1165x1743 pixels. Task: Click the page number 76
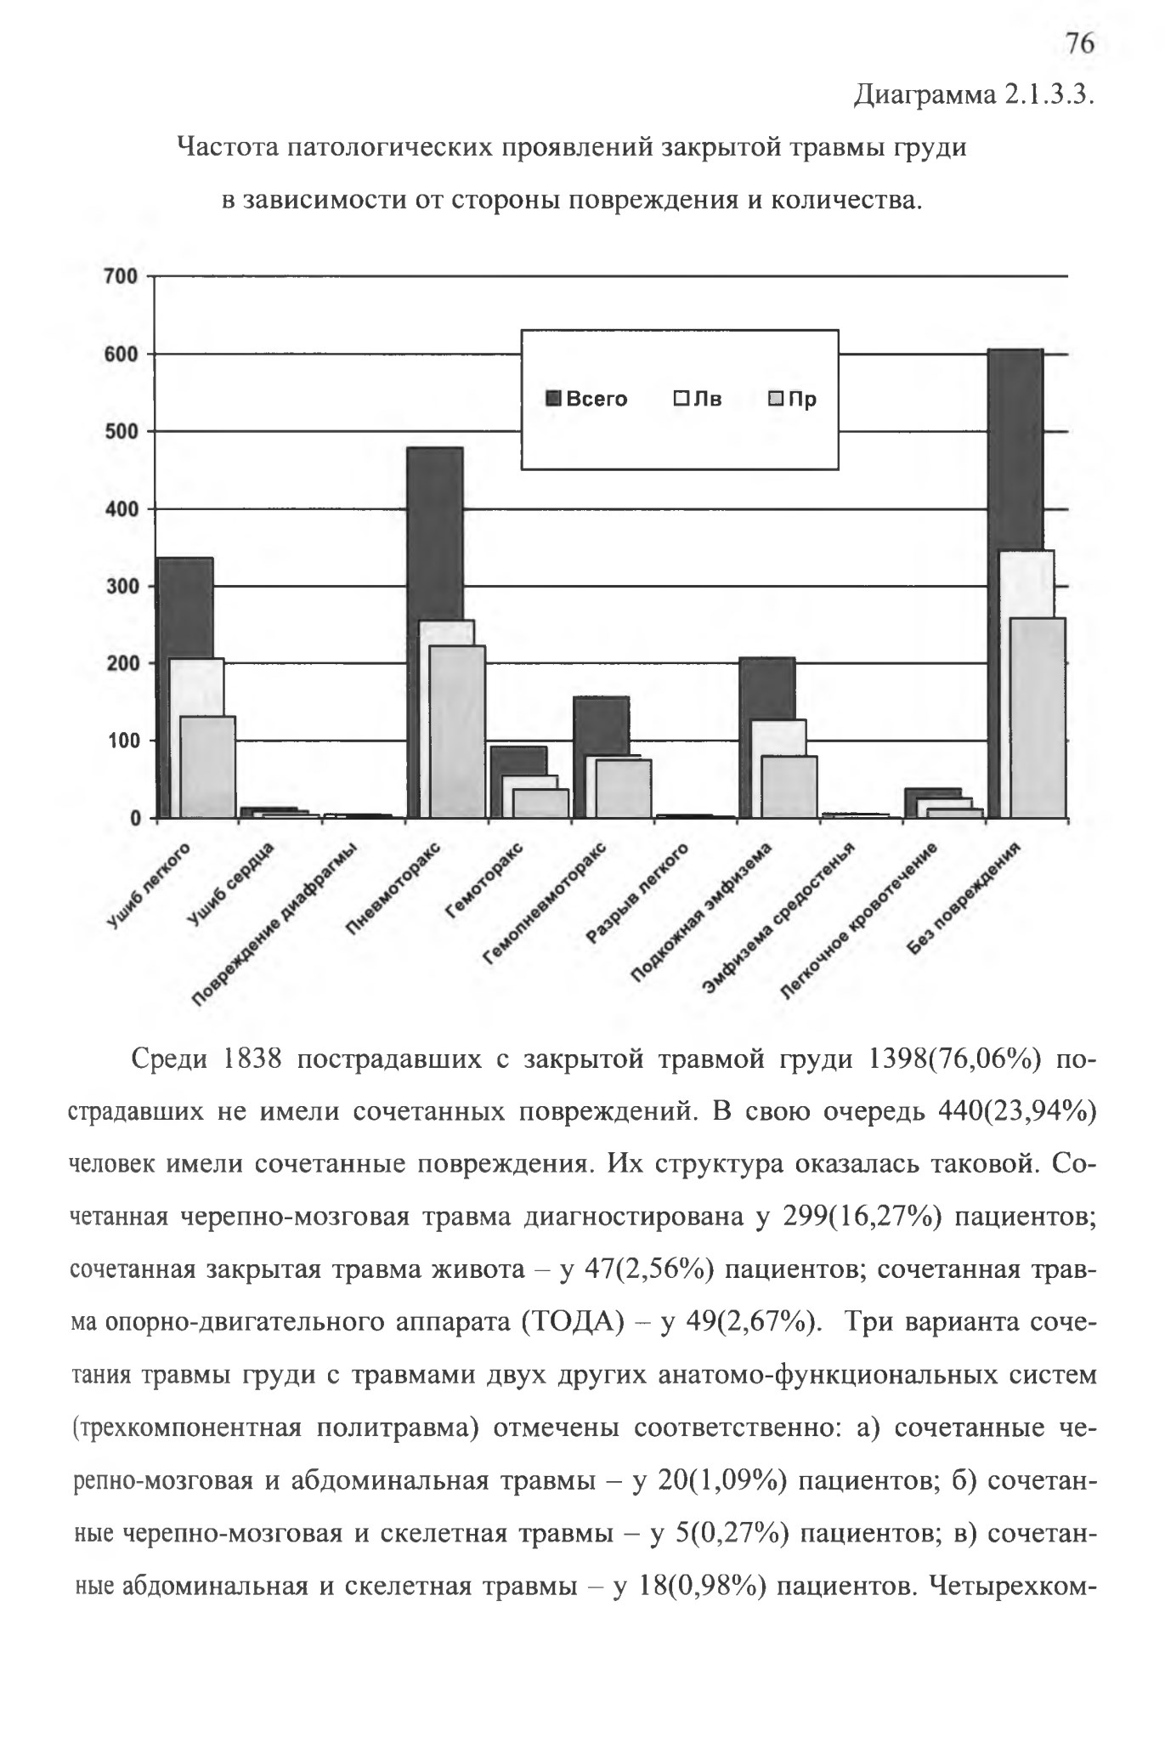pos(1079,43)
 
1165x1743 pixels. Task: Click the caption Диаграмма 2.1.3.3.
pos(972,94)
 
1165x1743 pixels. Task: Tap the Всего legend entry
pos(586,399)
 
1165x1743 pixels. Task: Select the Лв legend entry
pos(698,399)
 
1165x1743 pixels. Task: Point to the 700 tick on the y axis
pos(120,276)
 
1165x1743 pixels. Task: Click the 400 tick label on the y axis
pos(120,509)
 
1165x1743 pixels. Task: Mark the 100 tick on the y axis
pos(120,741)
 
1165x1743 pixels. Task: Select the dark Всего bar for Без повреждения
pos(1016,451)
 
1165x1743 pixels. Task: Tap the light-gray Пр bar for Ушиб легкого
pos(208,767)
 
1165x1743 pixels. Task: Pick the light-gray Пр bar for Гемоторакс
pos(541,803)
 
